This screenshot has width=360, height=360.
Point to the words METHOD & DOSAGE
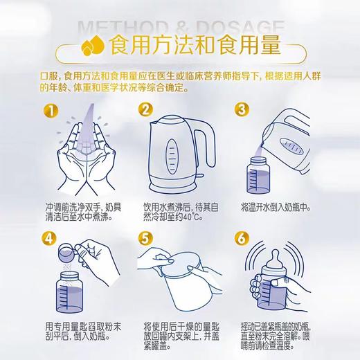pyautogui.click(x=180, y=26)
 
